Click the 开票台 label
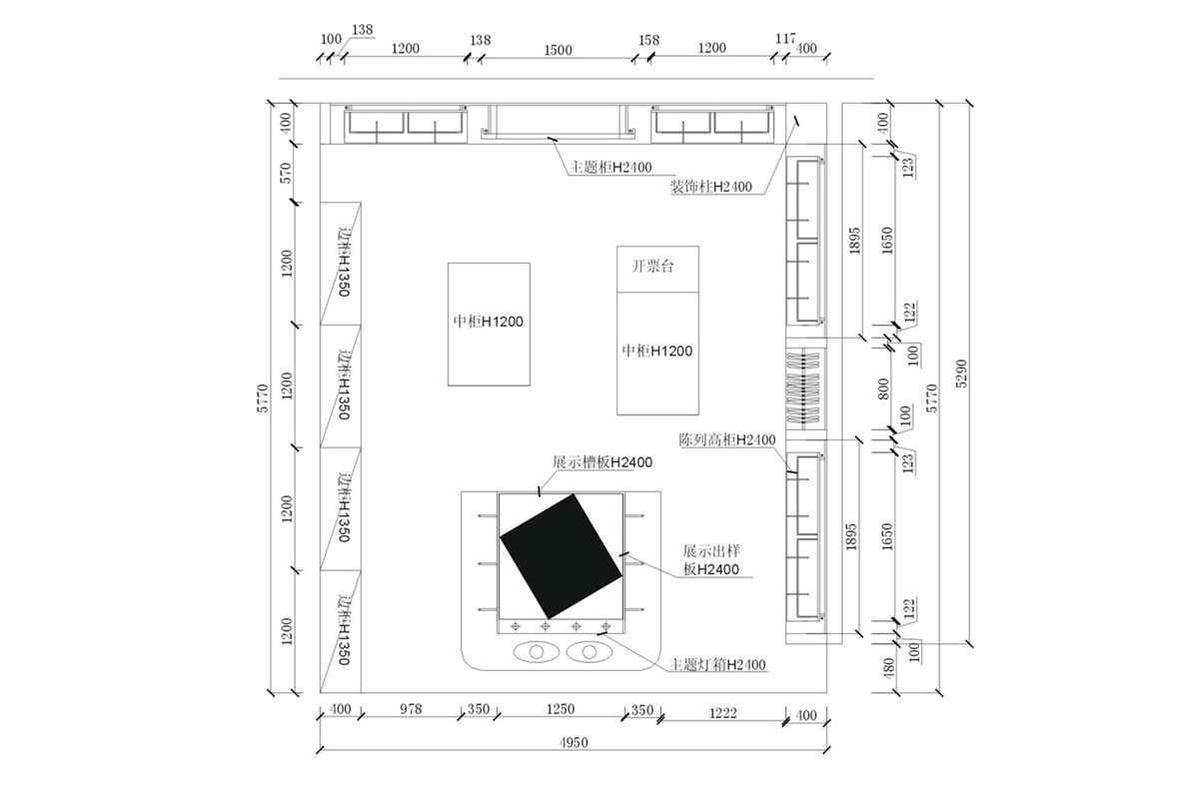pos(651,266)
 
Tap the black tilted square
pos(561,556)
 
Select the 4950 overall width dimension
pos(574,742)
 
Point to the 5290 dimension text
pos(961,374)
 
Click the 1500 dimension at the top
pos(558,50)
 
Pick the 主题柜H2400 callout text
pos(610,168)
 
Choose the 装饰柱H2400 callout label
pos(710,187)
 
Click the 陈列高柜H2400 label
pos(727,440)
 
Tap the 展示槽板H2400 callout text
pos(602,462)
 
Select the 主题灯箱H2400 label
pos(717,665)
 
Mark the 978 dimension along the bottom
pos(411,709)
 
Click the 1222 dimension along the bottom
pos(722,713)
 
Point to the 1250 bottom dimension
pos(560,709)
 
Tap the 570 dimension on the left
pos(287,173)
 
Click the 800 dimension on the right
pos(883,389)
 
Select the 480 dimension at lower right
pos(888,668)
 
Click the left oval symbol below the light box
pos(537,651)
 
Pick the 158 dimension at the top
pos(648,40)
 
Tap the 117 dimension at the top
pos(785,39)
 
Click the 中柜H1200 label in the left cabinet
pos(489,322)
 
